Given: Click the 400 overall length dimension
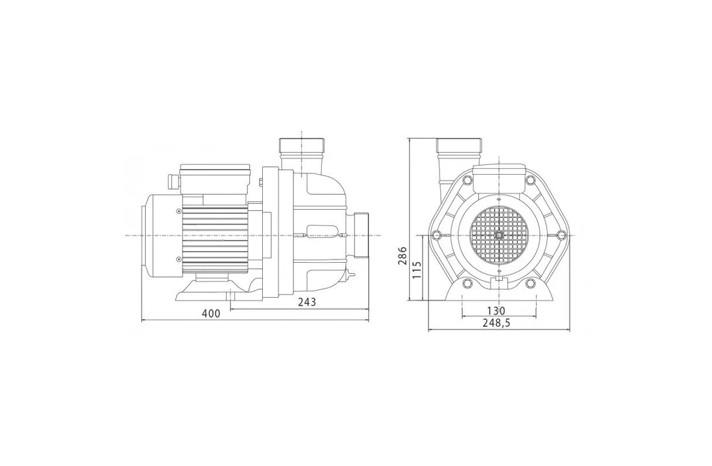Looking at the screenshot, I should (210, 313).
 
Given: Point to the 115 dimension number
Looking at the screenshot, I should (416, 269).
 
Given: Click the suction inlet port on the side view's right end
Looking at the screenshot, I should (360, 235).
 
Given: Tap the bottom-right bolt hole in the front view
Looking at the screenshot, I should (530, 283).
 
